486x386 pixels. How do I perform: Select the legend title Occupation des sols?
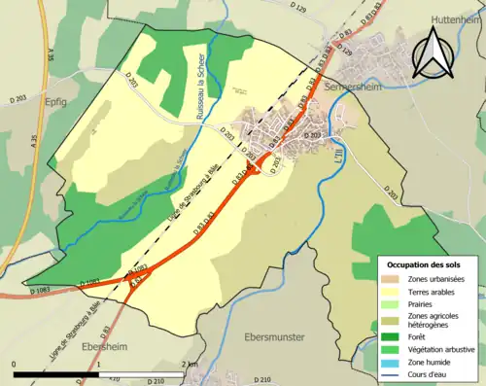pyautogui.click(x=425, y=264)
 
